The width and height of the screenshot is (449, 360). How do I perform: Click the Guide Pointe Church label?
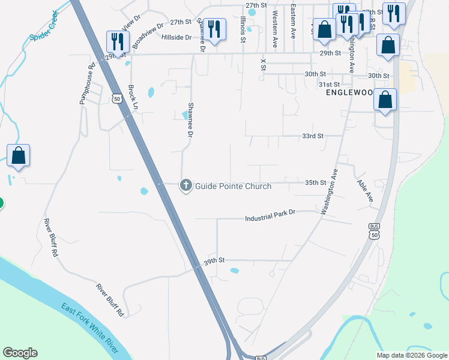point(234,187)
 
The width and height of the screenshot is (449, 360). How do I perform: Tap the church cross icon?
point(186,186)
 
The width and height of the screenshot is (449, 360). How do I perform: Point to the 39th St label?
point(214,261)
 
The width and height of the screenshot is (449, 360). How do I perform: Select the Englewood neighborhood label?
point(349,93)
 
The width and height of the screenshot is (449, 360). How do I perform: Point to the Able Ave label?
point(365,191)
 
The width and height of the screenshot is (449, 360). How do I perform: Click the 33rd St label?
point(313,136)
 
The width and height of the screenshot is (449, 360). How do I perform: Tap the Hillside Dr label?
point(176,37)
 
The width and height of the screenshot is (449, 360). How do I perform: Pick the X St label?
point(263,64)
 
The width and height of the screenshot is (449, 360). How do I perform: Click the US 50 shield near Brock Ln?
point(117,98)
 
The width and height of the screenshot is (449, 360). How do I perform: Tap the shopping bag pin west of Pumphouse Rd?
point(19,155)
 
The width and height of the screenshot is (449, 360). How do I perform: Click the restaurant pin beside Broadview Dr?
point(117,41)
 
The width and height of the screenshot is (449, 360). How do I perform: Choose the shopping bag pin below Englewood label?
point(385,100)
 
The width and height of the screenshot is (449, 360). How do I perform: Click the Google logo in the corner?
point(20,353)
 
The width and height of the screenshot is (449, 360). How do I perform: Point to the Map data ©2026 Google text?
point(411,355)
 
